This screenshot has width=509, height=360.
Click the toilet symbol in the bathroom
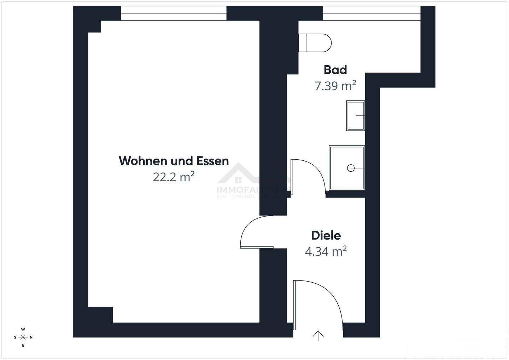(315, 43)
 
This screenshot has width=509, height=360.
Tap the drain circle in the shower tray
(351, 168)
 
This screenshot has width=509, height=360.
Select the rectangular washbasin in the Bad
(356, 116)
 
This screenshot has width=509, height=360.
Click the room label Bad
(335, 70)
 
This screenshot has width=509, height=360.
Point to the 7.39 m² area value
(335, 86)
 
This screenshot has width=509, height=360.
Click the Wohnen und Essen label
(174, 161)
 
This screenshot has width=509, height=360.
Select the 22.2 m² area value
(174, 177)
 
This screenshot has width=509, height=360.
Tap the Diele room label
(326, 235)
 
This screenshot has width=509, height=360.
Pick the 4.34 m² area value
(326, 252)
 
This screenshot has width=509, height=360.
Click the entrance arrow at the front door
(318, 336)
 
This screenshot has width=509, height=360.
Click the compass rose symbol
(23, 337)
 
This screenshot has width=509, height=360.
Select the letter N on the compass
(31, 337)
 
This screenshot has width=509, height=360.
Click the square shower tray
(346, 168)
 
